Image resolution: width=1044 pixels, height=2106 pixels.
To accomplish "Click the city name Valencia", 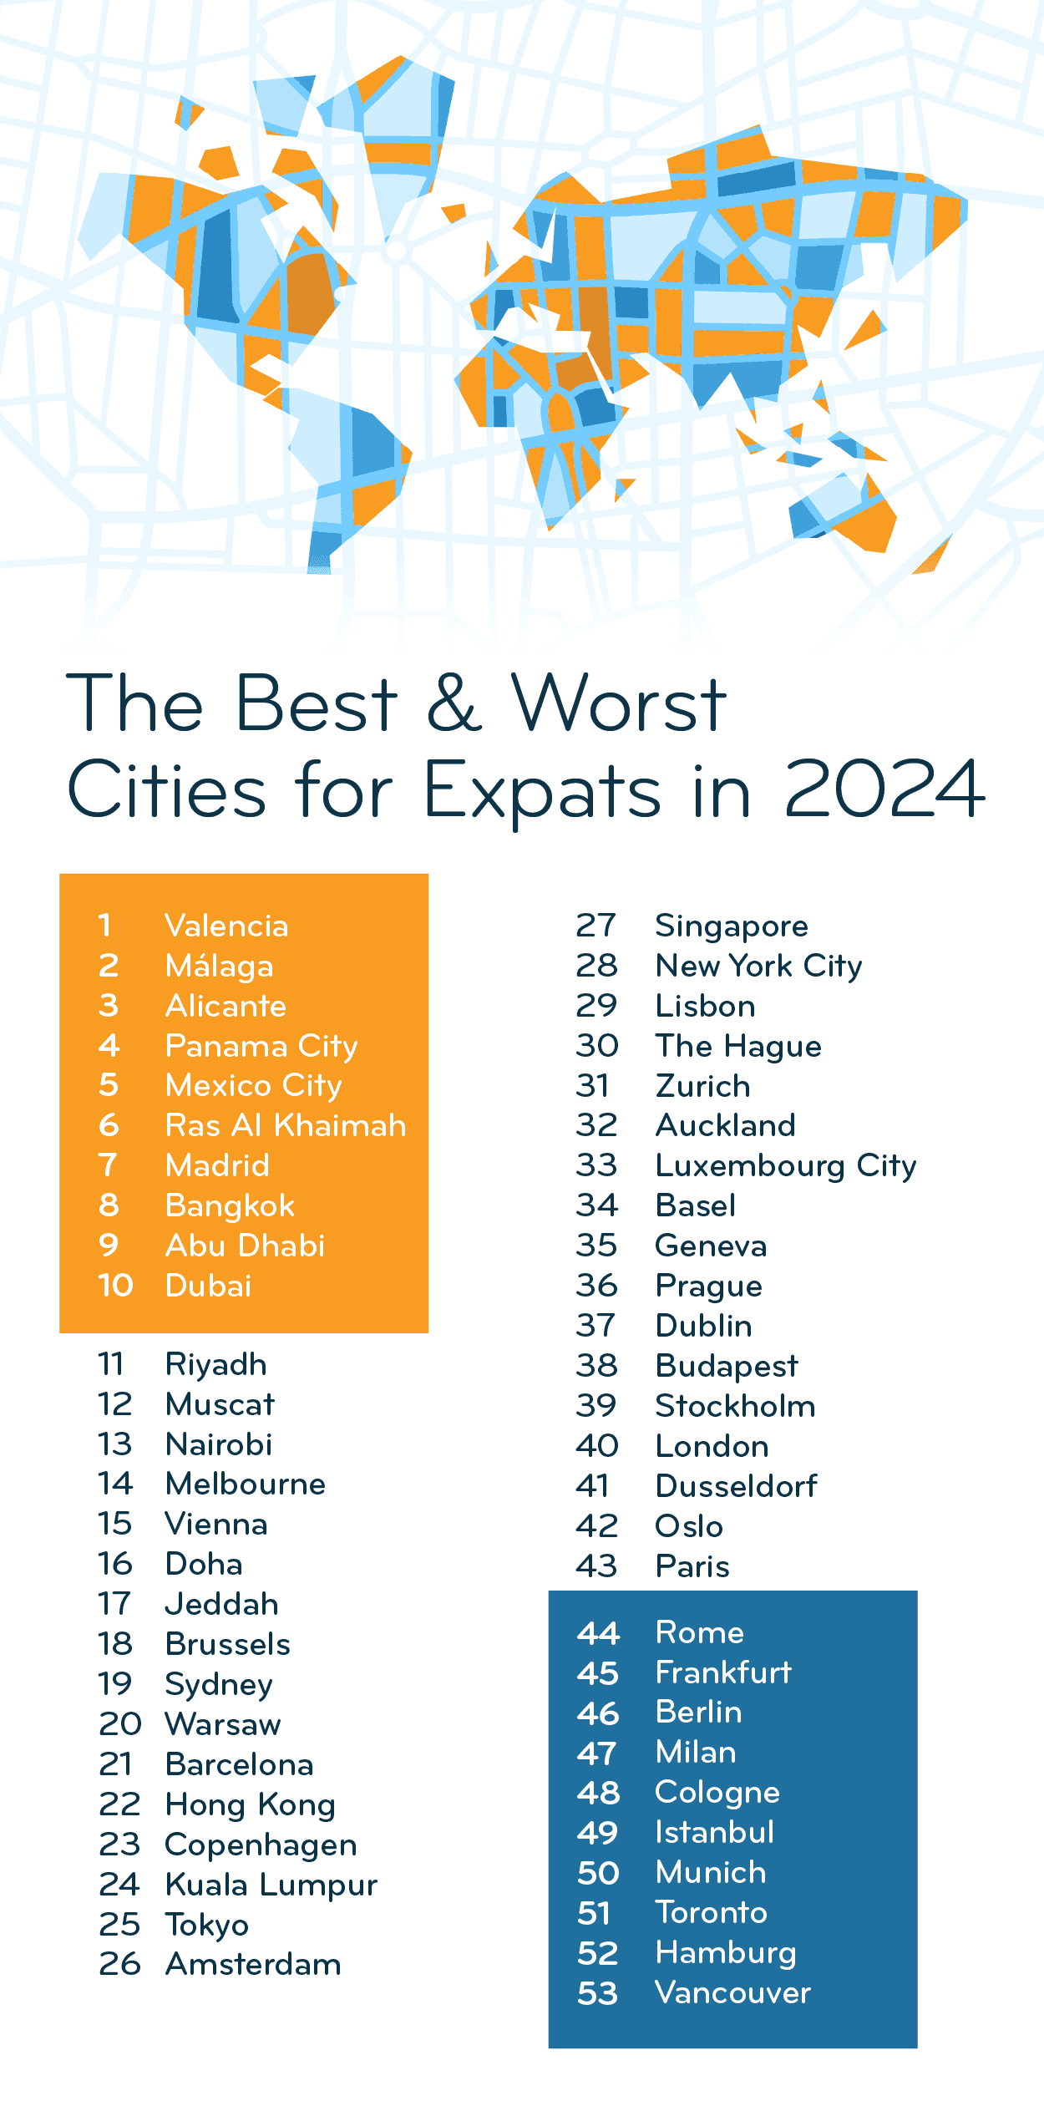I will pos(226,926).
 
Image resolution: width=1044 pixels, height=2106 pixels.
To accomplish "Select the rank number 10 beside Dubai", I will pos(115,1286).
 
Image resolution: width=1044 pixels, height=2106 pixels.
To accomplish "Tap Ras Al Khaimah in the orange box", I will pos(286,1125).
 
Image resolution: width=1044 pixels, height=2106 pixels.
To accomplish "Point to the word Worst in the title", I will pos(619,704).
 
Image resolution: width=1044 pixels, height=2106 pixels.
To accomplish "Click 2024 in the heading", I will pos(884,789).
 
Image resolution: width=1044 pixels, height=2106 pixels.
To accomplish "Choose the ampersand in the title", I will pos(454,704).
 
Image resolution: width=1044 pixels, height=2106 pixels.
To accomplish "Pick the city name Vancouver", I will pos(732,1992).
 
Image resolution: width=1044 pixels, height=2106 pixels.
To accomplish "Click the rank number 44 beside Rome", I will pos(598,1632).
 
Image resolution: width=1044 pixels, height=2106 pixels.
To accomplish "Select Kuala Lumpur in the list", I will pos(271,1885).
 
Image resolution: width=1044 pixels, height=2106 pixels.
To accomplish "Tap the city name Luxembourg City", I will pos(786,1165).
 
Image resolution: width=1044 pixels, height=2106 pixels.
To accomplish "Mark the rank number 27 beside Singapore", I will pos(596,926).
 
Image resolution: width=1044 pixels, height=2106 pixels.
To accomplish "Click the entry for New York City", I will pos(758,966).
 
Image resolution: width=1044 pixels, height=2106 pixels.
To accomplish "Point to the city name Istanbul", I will pos(715,1832).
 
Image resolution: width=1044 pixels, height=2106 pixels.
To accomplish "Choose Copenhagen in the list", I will pos(261,1845).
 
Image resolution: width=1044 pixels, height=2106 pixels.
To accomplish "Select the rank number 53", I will pos(598,1993).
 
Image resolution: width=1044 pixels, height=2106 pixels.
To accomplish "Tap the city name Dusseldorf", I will pos(737,1486).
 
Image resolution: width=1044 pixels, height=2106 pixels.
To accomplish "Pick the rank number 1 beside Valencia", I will pos(104,926).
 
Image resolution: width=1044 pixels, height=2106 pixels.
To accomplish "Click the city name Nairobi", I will pos(219,1444).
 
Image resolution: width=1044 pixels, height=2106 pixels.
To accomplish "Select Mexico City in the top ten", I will pos(254,1085).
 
